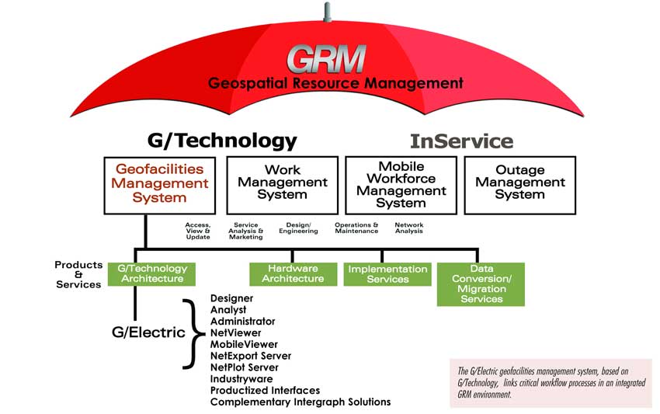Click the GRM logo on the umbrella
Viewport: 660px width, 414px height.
point(325,58)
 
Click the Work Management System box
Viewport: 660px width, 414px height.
point(282,185)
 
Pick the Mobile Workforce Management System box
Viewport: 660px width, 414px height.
point(401,185)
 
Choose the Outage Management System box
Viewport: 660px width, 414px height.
point(519,185)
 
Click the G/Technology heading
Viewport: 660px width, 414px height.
point(222,141)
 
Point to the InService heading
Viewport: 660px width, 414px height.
point(461,141)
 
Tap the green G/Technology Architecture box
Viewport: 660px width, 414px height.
point(151,273)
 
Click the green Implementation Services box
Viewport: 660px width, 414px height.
point(387,273)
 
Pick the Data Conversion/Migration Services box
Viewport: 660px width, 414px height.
point(481,284)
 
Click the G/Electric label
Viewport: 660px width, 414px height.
point(147,332)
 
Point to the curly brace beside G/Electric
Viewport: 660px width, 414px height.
point(189,332)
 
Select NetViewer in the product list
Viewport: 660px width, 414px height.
point(234,332)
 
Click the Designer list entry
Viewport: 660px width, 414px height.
point(232,297)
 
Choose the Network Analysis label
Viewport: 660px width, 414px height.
point(408,228)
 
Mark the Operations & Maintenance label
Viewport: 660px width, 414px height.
point(356,228)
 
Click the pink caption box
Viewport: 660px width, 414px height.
point(551,383)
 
